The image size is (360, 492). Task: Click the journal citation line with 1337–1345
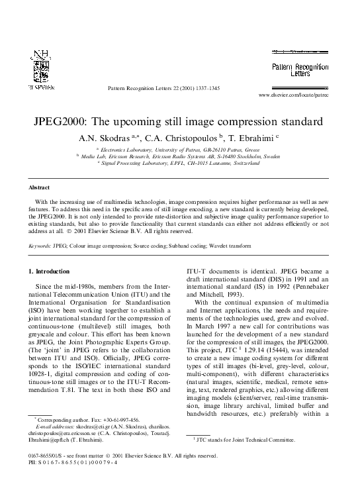[163, 88]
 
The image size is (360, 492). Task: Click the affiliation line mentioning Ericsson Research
[180, 157]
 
